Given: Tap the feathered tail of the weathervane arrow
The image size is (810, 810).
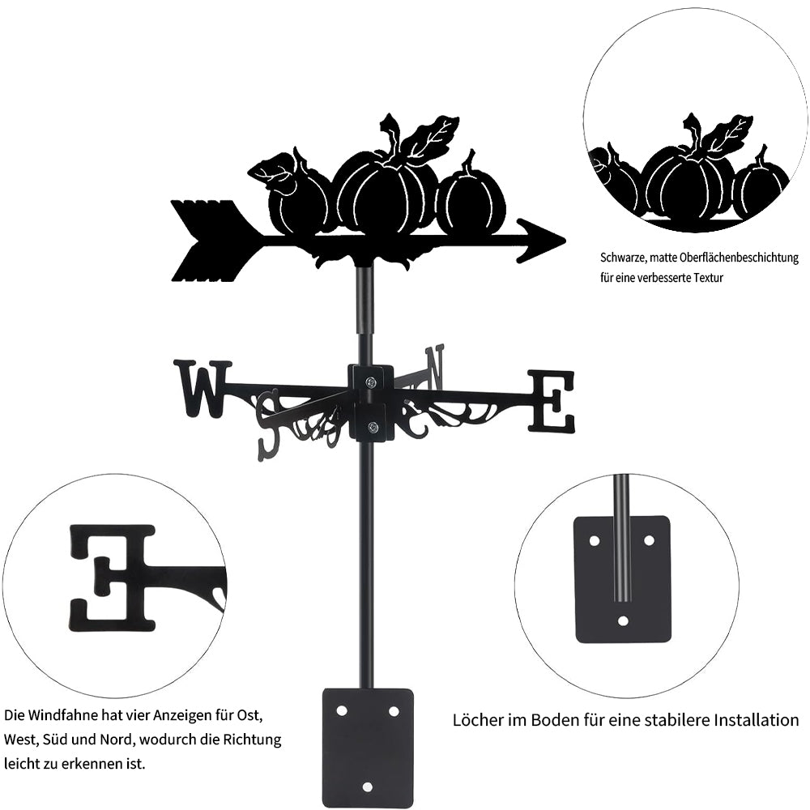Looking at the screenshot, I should coord(212,241).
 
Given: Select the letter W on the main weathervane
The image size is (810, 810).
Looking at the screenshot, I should coord(201,387).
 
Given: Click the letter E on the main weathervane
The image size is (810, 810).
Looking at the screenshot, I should coord(552,400).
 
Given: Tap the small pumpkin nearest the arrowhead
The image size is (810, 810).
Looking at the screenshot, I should coord(471,202).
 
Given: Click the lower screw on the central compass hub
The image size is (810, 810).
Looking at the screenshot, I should coord(373,428).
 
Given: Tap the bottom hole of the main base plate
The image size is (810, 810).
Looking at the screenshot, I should coord(367,787).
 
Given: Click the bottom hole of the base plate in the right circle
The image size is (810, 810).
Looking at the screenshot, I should coord(623,621).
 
